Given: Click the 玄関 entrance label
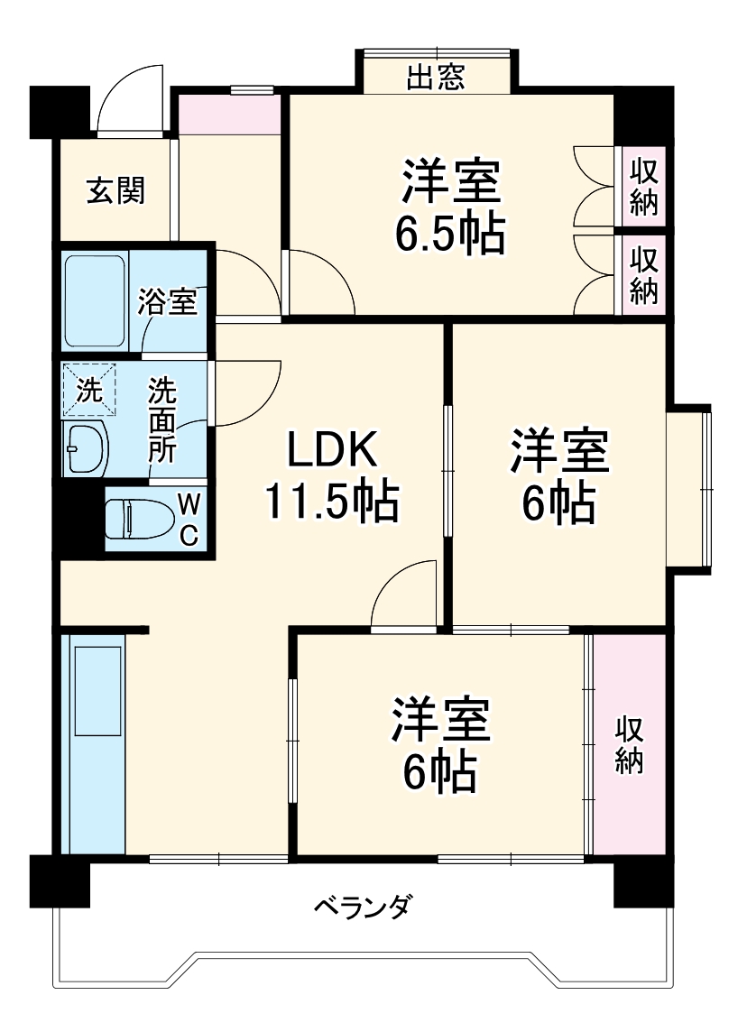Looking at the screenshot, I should tap(115, 191).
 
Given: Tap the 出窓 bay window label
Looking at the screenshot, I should tap(436, 78).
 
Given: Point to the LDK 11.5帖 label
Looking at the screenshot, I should tap(330, 475).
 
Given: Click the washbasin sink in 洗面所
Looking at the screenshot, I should tap(86, 446).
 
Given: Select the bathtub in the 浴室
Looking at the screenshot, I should tap(95, 300).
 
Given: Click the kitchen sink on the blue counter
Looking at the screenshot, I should tap(97, 690).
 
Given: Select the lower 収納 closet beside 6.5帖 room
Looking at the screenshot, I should tap(643, 274).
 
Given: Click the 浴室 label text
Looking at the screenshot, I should tap(168, 302).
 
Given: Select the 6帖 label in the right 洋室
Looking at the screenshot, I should tap(558, 502).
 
